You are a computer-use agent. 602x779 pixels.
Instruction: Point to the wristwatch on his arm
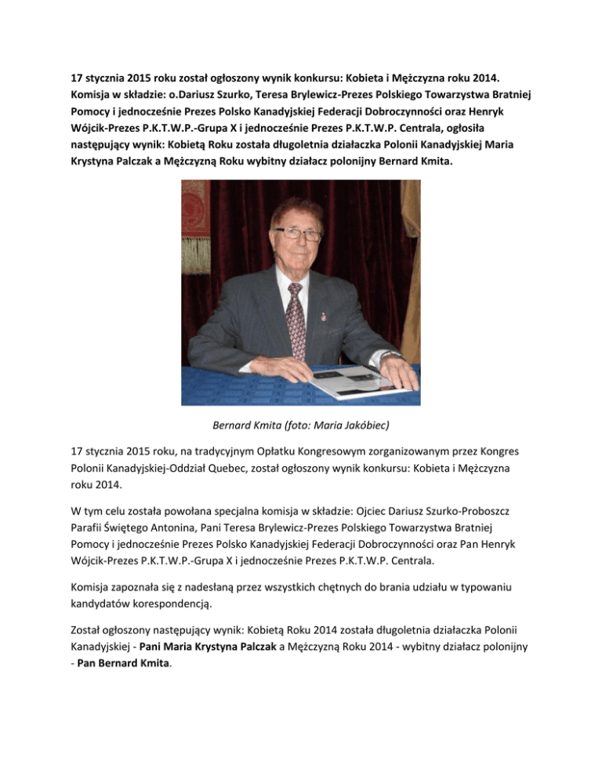coord(392,356)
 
